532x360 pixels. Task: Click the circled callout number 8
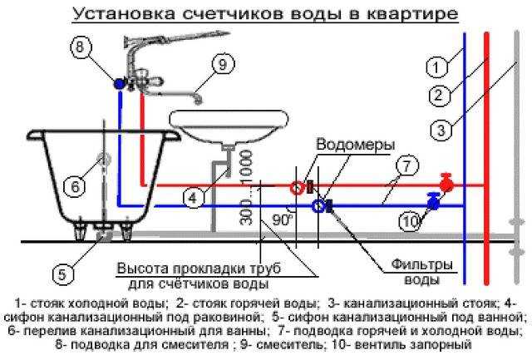click(81, 47)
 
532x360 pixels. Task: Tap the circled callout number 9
click(223, 64)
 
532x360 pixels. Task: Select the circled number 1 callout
click(437, 67)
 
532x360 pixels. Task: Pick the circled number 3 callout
click(441, 130)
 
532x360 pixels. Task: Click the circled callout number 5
click(63, 274)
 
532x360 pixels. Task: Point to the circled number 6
click(76, 186)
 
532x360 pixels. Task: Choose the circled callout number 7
click(407, 166)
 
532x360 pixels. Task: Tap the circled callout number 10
click(411, 221)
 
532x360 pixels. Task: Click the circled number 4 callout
click(194, 198)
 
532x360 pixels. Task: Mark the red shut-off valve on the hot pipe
click(446, 184)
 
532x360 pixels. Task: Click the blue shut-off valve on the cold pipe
click(433, 201)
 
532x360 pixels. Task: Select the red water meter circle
click(298, 188)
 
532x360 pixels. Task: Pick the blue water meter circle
click(318, 206)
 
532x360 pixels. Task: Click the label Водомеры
click(356, 145)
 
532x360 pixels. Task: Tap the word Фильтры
click(422, 264)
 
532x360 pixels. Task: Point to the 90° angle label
click(283, 219)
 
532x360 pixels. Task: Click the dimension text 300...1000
click(247, 187)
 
